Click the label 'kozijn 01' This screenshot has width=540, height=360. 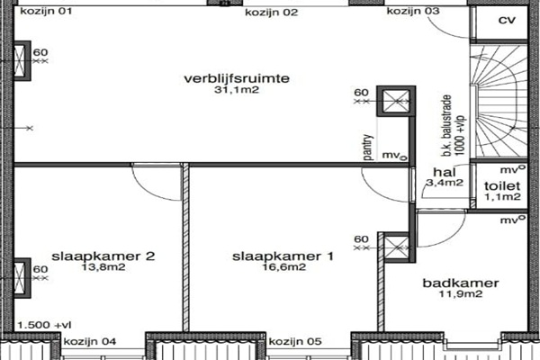coord(46,12)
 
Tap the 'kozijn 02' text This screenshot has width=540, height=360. coord(272,13)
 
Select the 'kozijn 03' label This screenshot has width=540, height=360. coord(413,11)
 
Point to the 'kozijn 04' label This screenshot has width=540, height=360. coord(90,342)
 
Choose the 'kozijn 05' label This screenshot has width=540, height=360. coord(295,342)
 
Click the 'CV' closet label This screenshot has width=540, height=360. coord(507,21)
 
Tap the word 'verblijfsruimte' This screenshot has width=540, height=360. coord(237,78)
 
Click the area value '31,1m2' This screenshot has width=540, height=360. coord(237,90)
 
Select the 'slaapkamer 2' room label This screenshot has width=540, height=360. coord(103,256)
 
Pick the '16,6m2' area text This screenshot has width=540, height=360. coord(284,267)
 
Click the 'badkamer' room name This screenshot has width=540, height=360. coord(461,283)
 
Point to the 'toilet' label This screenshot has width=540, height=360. coord(502,186)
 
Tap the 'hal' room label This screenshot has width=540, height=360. coord(445,172)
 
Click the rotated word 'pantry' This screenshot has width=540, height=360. coord(368,147)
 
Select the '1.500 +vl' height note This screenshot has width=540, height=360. coord(44,325)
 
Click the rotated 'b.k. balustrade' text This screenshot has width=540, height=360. coord(447,125)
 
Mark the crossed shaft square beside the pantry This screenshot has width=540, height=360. coord(396,102)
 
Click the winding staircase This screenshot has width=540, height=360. coord(499,102)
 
